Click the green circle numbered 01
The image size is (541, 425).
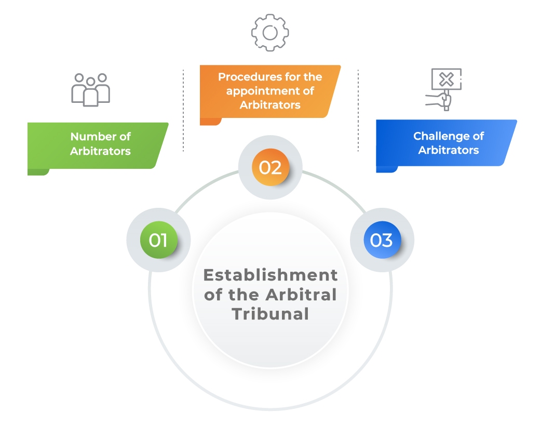click(159, 240)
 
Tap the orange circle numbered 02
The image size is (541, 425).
click(270, 167)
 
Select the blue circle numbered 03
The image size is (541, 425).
click(382, 240)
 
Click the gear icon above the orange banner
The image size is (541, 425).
click(270, 33)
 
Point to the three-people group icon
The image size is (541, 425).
click(91, 90)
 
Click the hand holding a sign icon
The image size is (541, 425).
click(443, 89)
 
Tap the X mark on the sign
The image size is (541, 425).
click(447, 79)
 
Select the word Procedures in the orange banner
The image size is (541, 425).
click(245, 77)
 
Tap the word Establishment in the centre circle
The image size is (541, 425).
click(270, 275)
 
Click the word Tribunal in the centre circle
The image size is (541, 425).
click(270, 314)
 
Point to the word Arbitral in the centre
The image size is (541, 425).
click(301, 295)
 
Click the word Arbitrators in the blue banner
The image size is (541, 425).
click(449, 150)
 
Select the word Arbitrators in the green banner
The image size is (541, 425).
click(100, 151)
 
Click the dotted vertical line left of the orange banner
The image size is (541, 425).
click(183, 111)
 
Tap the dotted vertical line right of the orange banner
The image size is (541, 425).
click(358, 111)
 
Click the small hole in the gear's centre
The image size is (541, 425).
click(270, 33)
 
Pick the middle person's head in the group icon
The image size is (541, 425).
click(91, 82)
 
